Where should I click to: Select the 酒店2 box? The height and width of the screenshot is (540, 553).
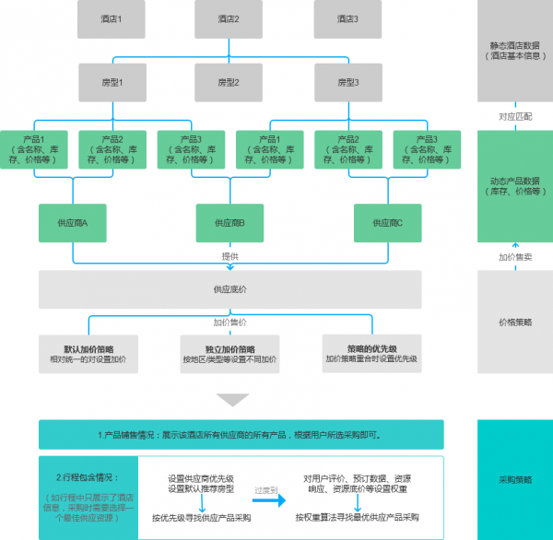click(229, 18)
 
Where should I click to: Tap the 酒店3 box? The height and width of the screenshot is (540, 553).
click(346, 18)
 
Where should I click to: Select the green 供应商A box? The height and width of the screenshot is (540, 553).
click(73, 223)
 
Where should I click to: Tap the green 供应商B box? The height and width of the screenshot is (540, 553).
click(229, 223)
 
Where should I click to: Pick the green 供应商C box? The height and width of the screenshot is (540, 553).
click(387, 223)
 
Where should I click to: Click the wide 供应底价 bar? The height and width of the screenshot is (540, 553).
click(229, 289)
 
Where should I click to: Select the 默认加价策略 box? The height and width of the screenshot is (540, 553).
click(88, 354)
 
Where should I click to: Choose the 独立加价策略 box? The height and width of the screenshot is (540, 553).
click(229, 354)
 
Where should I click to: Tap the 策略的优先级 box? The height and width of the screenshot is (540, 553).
click(371, 353)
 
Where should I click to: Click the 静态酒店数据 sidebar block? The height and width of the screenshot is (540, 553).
click(515, 50)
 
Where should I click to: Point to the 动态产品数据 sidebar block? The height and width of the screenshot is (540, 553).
click(515, 186)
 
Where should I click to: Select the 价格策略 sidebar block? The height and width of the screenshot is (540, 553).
click(515, 323)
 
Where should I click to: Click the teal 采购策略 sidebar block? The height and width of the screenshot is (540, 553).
click(515, 479)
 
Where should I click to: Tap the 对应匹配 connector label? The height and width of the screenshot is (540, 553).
click(515, 117)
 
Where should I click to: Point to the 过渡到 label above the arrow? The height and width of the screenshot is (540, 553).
click(267, 490)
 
